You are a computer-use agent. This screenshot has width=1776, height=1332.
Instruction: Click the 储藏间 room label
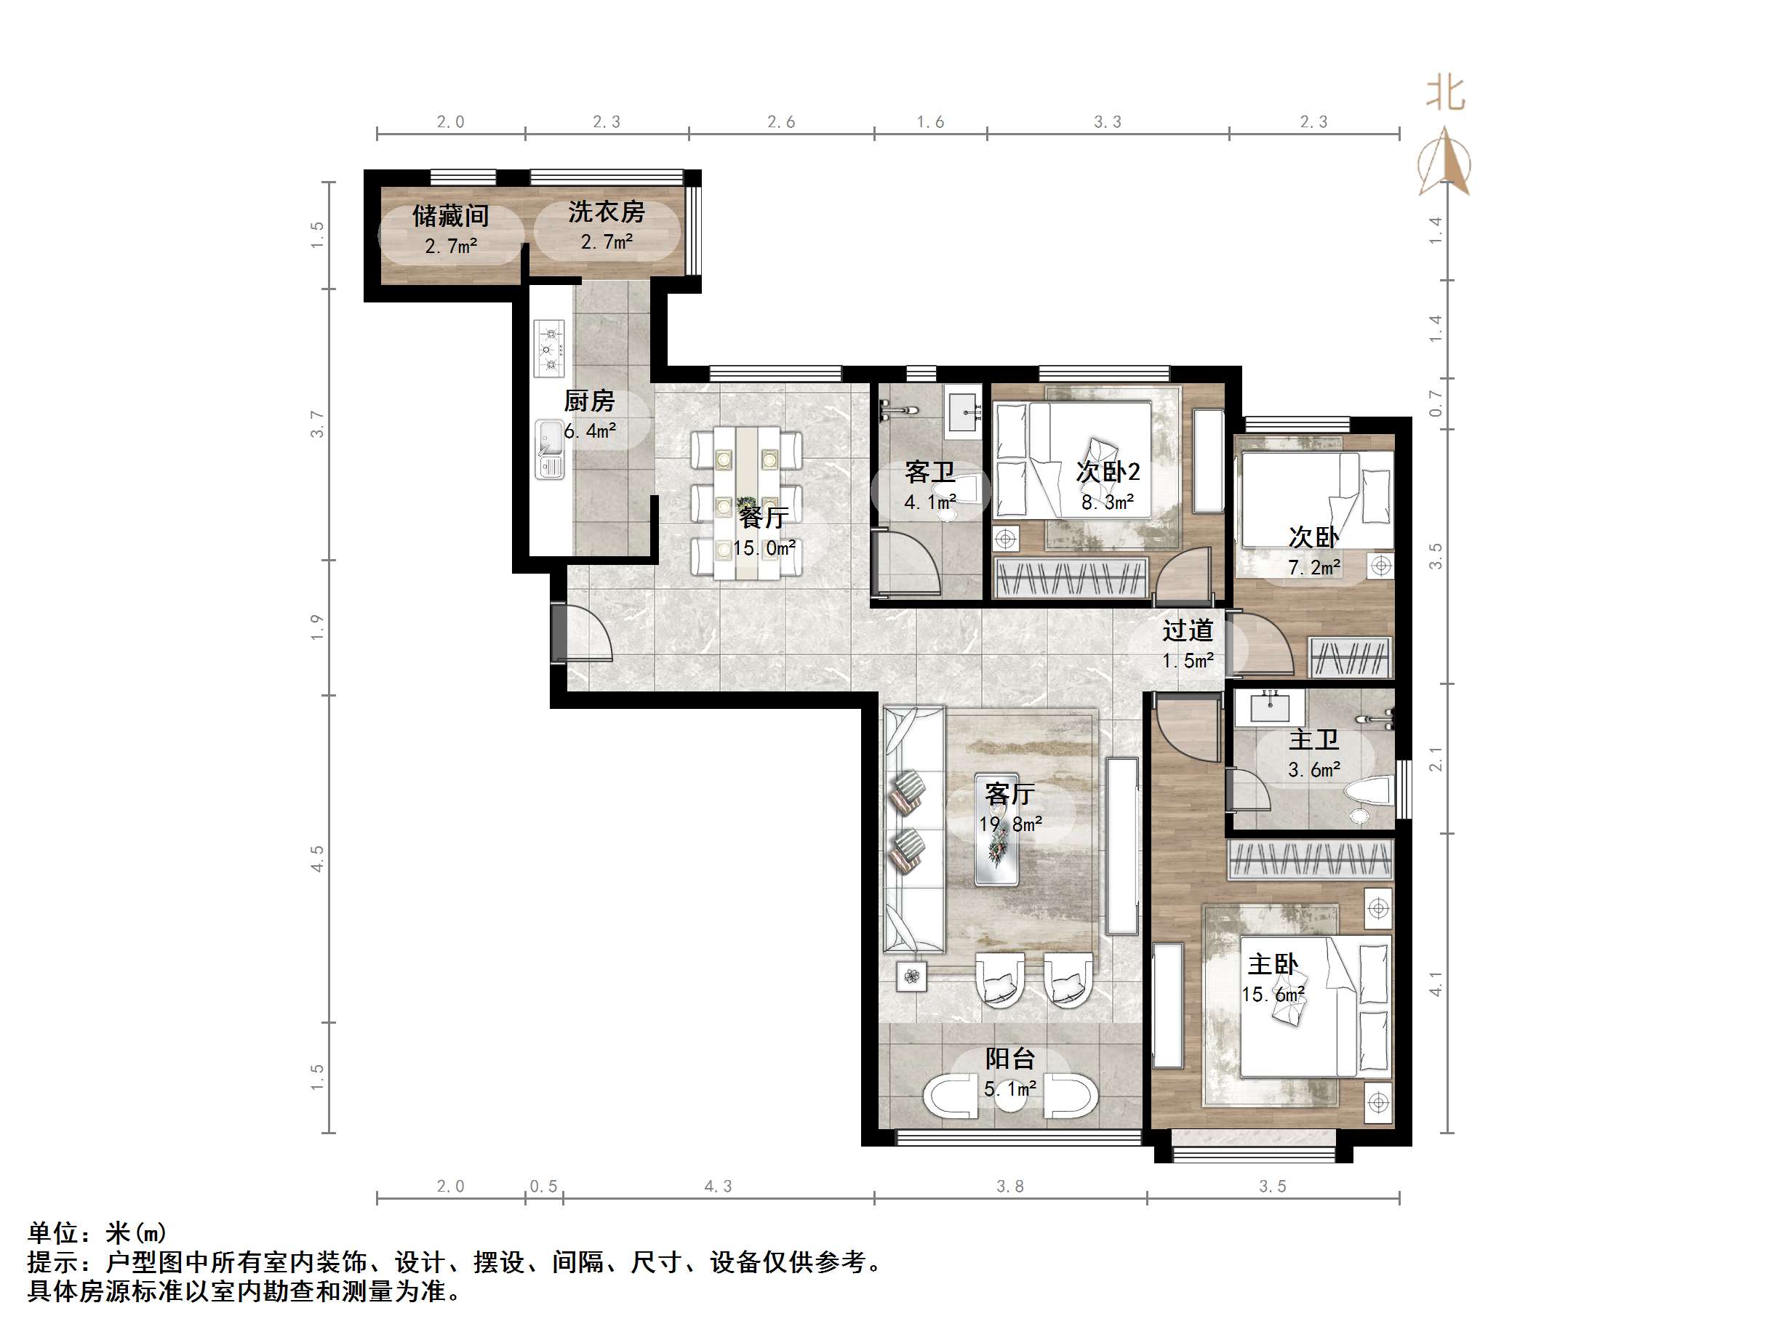(450, 215)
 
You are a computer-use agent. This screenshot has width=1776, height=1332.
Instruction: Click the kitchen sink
(550, 449)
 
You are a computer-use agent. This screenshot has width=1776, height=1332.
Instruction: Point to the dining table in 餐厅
(747, 503)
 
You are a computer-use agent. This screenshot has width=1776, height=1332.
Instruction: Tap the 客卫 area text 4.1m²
(929, 502)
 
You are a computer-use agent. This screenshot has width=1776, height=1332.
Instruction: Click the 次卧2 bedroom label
(1108, 471)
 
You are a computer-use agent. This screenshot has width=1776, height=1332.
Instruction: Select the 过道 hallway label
(1188, 630)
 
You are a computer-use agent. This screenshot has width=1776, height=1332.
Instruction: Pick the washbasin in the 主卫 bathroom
(1269, 707)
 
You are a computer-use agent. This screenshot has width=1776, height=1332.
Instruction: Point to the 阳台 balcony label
(1010, 1058)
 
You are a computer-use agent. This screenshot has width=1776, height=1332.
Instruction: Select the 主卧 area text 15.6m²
(1273, 995)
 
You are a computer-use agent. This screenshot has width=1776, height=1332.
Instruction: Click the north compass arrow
(1444, 161)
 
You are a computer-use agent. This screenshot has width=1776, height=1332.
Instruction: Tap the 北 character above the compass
(1445, 93)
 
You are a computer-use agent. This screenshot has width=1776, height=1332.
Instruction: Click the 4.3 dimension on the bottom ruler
(718, 1186)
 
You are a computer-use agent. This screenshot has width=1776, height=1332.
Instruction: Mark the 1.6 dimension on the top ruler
(931, 122)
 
